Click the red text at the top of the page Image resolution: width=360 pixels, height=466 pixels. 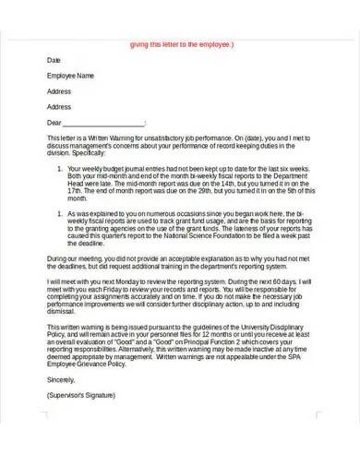point(183,43)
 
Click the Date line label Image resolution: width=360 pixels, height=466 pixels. point(54,60)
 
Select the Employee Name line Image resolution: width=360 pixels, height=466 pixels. point(70,76)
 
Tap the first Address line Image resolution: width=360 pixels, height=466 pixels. point(59,91)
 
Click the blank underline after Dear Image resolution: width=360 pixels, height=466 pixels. point(109,123)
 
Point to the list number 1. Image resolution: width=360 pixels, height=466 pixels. point(60,170)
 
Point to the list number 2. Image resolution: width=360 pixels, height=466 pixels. point(60,213)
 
